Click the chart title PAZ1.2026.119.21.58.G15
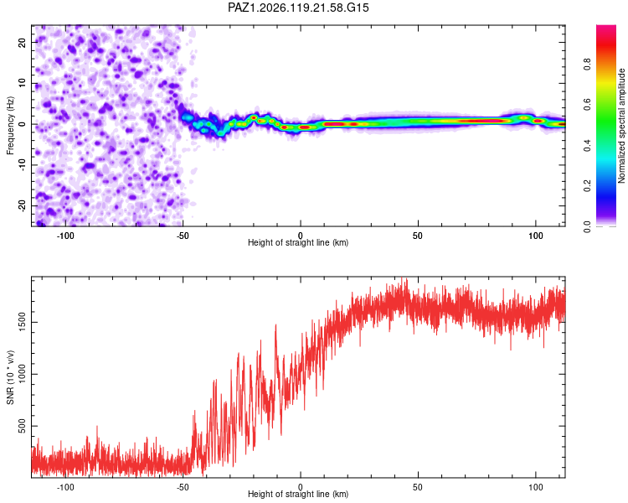coord(298,8)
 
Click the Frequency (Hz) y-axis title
coord(10,126)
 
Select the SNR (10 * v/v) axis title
coord(10,377)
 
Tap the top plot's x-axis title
coord(298,242)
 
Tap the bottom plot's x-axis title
coord(298,494)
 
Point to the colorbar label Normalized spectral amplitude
coord(621,126)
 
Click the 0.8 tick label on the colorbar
coord(587,65)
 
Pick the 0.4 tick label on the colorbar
coord(587,146)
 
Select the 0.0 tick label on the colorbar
coord(587,226)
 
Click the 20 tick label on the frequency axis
coord(22,43)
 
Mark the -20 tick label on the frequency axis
coord(22,205)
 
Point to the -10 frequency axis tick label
coord(22,165)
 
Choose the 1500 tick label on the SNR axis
coord(22,322)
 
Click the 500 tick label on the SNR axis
coord(22,426)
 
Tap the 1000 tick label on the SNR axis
coord(22,374)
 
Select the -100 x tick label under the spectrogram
coord(65,236)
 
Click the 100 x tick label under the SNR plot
coord(536,487)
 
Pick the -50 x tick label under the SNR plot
coord(183,487)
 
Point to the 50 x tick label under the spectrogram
coord(418,236)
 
